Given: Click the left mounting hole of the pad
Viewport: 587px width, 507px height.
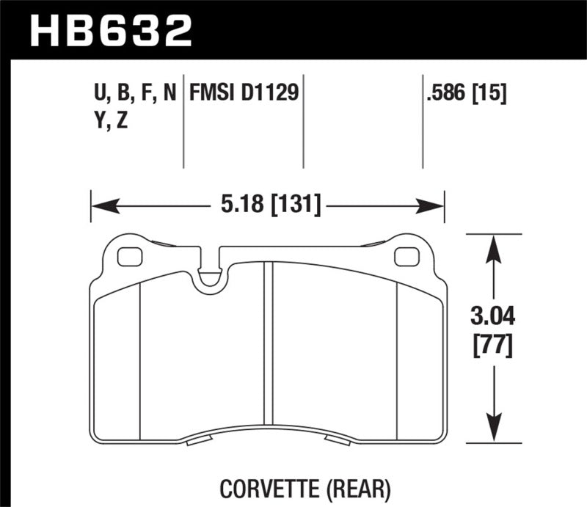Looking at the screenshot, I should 130,257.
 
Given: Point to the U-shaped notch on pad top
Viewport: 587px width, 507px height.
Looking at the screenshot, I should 211,277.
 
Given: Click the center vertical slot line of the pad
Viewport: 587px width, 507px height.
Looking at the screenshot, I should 269,345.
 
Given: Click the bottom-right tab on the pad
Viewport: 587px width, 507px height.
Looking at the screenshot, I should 338,441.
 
